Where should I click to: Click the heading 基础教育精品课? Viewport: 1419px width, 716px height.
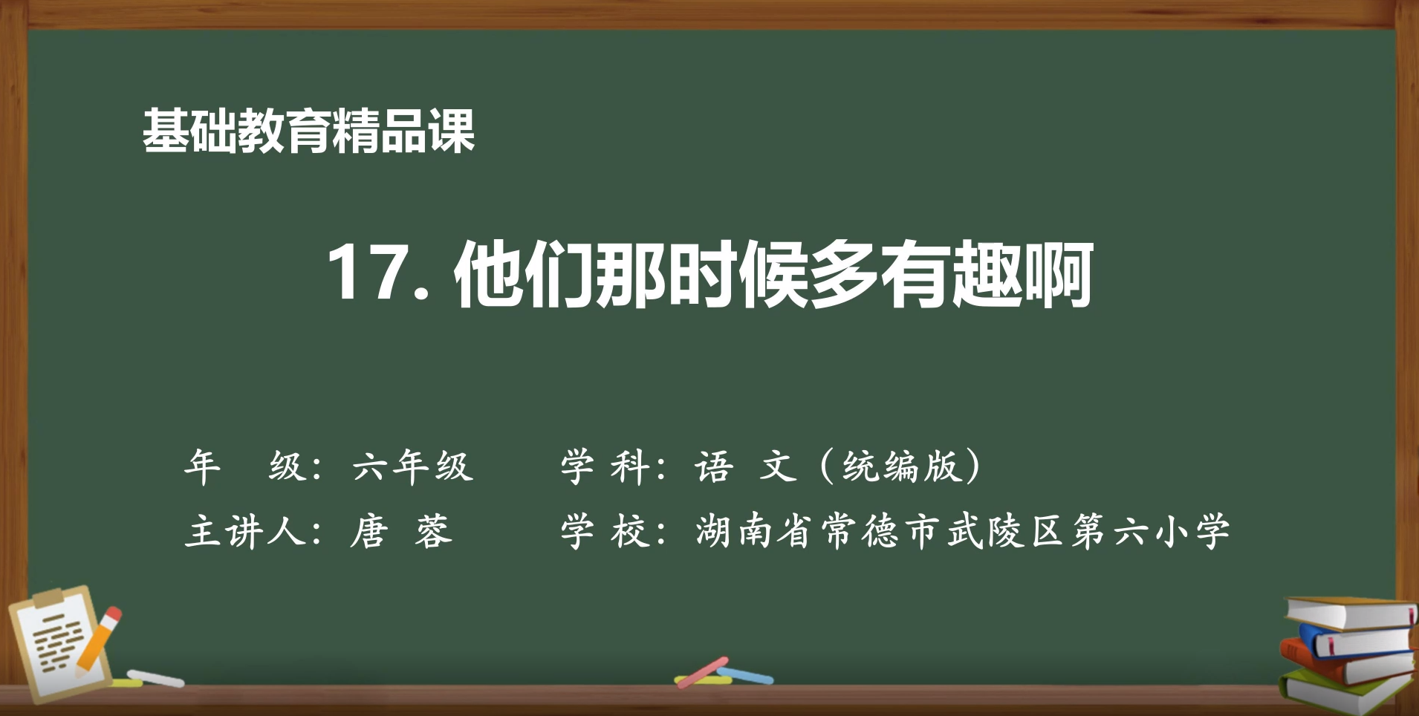(308, 131)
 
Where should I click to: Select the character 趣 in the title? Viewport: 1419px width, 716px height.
(986, 274)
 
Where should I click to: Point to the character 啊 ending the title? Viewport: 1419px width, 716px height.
(1058, 274)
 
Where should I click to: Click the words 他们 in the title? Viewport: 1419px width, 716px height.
(524, 274)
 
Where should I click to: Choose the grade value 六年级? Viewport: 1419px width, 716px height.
(412, 467)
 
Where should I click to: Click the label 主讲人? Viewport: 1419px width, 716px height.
(245, 532)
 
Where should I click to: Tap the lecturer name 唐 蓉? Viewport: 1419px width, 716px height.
(401, 532)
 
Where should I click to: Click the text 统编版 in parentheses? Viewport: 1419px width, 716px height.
(901, 467)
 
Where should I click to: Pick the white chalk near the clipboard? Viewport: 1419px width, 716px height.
(155, 678)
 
